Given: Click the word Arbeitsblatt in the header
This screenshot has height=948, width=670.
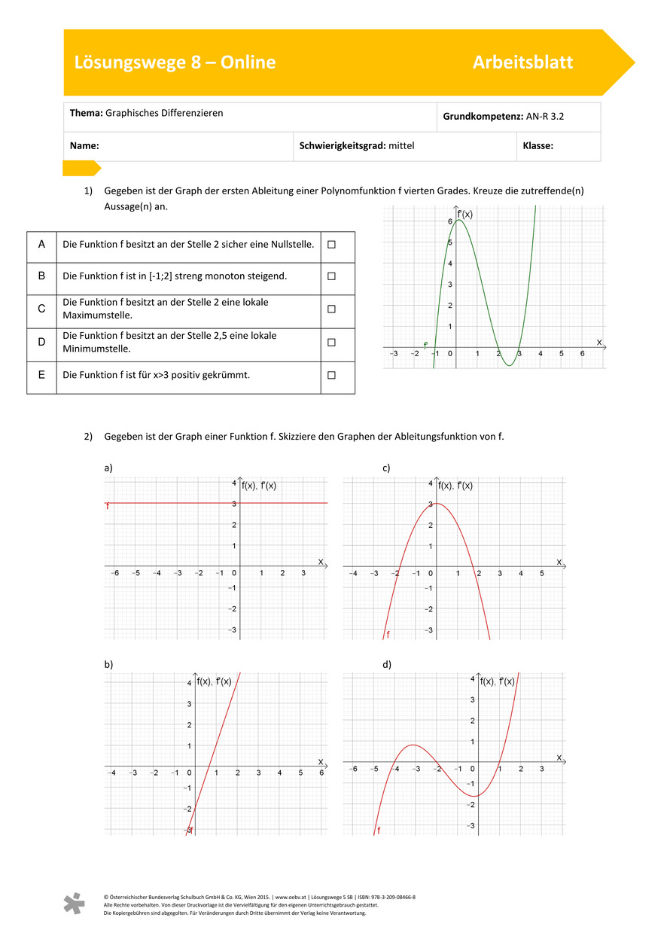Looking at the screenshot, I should click(522, 62).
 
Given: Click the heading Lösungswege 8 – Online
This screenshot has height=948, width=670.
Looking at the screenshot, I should click(175, 62).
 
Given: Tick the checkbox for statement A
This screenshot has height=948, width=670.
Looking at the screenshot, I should click(331, 245).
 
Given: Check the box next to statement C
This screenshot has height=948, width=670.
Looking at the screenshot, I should click(331, 309).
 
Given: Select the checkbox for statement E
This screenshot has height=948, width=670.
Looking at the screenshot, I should click(331, 374).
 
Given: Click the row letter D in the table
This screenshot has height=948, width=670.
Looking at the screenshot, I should click(41, 343).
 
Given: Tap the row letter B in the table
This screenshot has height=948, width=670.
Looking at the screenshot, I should click(41, 276).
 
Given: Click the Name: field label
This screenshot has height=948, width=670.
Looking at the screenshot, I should click(85, 146).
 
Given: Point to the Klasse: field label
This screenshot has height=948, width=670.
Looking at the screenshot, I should click(538, 146).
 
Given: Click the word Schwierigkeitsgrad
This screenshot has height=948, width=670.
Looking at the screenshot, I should click(343, 146).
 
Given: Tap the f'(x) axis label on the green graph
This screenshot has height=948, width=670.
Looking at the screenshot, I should click(465, 214).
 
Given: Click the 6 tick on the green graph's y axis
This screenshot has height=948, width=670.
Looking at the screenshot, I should click(449, 222).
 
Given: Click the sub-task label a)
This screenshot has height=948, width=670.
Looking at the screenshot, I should click(108, 468).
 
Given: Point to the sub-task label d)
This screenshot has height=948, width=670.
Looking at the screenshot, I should click(387, 664).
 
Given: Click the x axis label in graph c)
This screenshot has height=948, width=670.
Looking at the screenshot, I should click(559, 562).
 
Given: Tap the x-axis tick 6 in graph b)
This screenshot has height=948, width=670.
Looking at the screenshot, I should click(321, 773).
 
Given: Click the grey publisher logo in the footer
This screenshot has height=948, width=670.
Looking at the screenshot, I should click(74, 904).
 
